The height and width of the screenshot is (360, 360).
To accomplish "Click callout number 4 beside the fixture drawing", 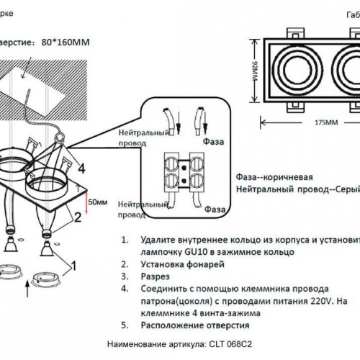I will click(81, 168).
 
